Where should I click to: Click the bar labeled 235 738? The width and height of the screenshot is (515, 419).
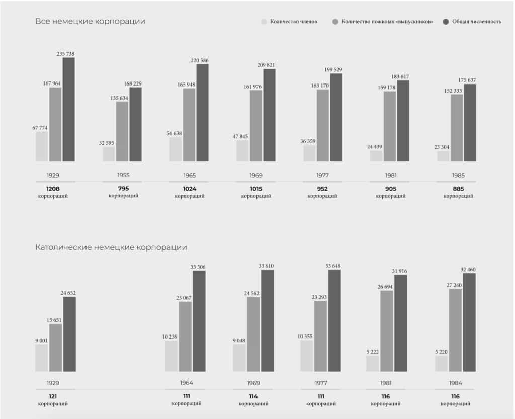[69, 110]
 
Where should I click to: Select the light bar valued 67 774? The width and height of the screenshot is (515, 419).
[42, 146]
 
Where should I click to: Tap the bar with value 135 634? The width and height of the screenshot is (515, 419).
[122, 131]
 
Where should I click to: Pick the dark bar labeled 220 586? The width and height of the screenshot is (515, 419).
[202, 113]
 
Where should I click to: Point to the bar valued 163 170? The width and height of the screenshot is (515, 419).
[323, 125]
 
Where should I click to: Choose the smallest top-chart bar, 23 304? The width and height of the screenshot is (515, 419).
[443, 156]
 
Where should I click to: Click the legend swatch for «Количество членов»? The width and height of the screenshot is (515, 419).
[264, 22]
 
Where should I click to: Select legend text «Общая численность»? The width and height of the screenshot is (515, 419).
[476, 22]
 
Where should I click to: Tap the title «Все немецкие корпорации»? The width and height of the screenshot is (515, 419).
[91, 22]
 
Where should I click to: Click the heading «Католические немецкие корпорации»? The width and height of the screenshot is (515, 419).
[111, 247]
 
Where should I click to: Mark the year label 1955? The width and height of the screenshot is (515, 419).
[122, 176]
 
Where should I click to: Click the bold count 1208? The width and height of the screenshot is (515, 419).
[53, 189]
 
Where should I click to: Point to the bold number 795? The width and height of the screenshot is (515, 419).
[123, 189]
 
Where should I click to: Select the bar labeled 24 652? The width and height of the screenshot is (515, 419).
[69, 334]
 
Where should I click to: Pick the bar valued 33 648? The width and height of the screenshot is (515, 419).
[334, 320]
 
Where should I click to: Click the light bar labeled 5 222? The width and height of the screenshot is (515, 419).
[373, 364]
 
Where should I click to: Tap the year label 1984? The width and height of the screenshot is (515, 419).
[455, 383]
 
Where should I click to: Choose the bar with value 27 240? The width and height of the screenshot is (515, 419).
[455, 330]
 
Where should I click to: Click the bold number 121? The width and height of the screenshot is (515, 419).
[53, 396]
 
